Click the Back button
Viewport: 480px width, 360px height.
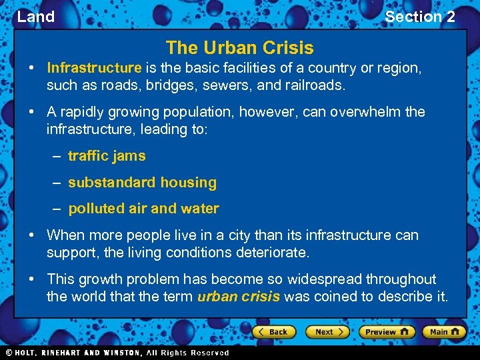pyautogui.click(x=273, y=331)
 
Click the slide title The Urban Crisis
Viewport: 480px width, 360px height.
pyautogui.click(x=239, y=48)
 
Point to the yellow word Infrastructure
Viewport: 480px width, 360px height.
pyautogui.click(x=94, y=68)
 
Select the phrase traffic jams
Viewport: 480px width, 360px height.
pyautogui.click(x=107, y=156)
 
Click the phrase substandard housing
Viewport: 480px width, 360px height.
pyautogui.click(x=142, y=183)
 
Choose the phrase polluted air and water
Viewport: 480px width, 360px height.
pyautogui.click(x=143, y=209)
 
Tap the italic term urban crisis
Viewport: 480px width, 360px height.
pyautogui.click(x=239, y=297)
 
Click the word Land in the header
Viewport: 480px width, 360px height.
pyautogui.click(x=35, y=17)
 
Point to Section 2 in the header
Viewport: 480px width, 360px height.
pyautogui.click(x=420, y=17)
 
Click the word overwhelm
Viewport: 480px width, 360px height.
pyautogui.click(x=369, y=112)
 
